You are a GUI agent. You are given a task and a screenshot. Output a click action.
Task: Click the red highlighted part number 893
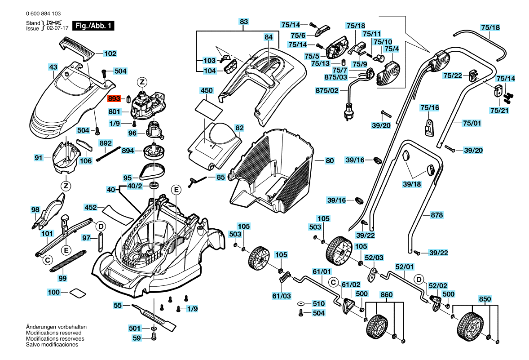click(x=114, y=98)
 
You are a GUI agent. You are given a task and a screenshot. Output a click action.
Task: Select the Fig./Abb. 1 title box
click(x=93, y=26)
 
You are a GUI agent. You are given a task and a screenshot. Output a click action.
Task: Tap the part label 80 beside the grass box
click(x=330, y=161)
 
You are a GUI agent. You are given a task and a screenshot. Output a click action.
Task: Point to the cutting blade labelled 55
click(x=154, y=316)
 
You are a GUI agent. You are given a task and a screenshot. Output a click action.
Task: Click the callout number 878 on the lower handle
click(x=437, y=215)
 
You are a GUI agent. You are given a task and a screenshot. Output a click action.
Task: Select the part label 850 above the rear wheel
click(x=485, y=299)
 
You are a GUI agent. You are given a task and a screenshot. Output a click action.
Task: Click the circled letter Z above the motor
click(x=142, y=82)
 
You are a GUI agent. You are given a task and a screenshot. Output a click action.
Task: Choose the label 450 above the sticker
click(x=207, y=90)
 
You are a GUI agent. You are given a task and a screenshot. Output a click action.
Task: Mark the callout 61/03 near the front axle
click(x=282, y=296)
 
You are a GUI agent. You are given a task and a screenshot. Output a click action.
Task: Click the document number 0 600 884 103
click(x=43, y=13)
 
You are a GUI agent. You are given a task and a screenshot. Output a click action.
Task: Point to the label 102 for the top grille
click(x=110, y=53)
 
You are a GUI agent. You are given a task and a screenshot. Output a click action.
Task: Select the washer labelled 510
click(x=300, y=304)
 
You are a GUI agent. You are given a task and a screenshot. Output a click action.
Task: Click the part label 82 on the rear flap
click(x=239, y=128)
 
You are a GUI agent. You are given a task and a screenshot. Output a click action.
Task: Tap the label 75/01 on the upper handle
click(x=472, y=123)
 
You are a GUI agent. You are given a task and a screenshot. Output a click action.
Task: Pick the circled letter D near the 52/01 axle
click(x=419, y=280)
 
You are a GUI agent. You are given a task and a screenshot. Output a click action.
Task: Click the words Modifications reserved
click(x=53, y=333)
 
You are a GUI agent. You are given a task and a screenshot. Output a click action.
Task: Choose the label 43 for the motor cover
click(x=53, y=67)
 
